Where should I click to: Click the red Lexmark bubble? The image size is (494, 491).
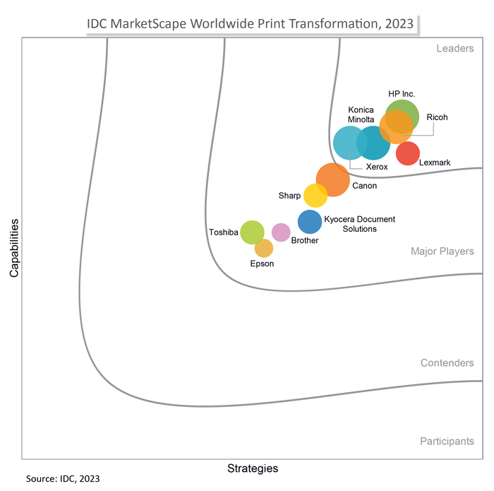pyautogui.click(x=408, y=153)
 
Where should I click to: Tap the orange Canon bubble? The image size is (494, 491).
pyautogui.click(x=332, y=179)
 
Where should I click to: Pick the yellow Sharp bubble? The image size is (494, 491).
pyautogui.click(x=315, y=195)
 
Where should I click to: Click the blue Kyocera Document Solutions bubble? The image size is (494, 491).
pyautogui.click(x=310, y=222)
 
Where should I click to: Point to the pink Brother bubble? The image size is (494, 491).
pyautogui.click(x=281, y=232)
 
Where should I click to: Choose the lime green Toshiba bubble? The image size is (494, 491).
pyautogui.click(x=252, y=232)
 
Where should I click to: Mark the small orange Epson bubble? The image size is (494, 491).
pyautogui.click(x=263, y=248)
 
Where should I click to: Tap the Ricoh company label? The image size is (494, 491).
pyautogui.click(x=437, y=117)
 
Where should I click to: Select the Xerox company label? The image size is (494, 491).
pyautogui.click(x=377, y=167)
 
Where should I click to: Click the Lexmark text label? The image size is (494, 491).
pyautogui.click(x=435, y=162)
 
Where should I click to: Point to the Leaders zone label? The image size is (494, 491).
pyautogui.click(x=455, y=48)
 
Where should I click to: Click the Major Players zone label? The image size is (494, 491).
pyautogui.click(x=442, y=251)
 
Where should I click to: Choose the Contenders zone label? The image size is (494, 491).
pyautogui.click(x=447, y=362)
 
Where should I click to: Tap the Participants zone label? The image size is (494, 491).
pyautogui.click(x=447, y=441)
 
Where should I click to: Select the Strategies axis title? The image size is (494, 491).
pyautogui.click(x=253, y=468)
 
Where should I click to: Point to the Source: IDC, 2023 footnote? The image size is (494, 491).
pyautogui.click(x=64, y=479)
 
